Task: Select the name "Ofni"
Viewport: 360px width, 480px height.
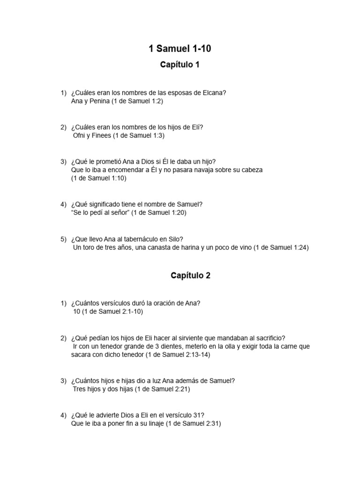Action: (x=80, y=135)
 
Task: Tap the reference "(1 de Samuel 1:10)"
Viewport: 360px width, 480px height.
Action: (x=99, y=178)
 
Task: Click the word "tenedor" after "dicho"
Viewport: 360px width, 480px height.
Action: (x=131, y=355)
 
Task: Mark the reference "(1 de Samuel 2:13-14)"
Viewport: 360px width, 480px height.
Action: (x=177, y=355)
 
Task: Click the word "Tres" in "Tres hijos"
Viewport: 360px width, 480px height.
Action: (x=80, y=389)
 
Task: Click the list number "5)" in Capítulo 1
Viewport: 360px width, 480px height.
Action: (x=63, y=239)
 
